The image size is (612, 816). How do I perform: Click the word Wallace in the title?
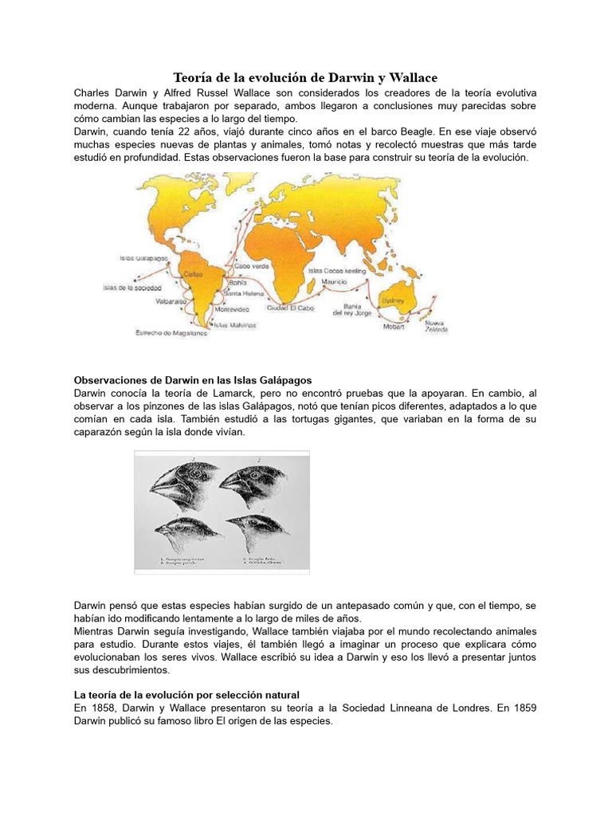[405, 76]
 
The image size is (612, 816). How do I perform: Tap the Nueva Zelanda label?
[435, 326]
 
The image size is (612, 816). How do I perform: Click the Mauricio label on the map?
[334, 282]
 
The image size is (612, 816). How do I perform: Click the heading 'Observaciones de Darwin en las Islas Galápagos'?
[192, 379]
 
